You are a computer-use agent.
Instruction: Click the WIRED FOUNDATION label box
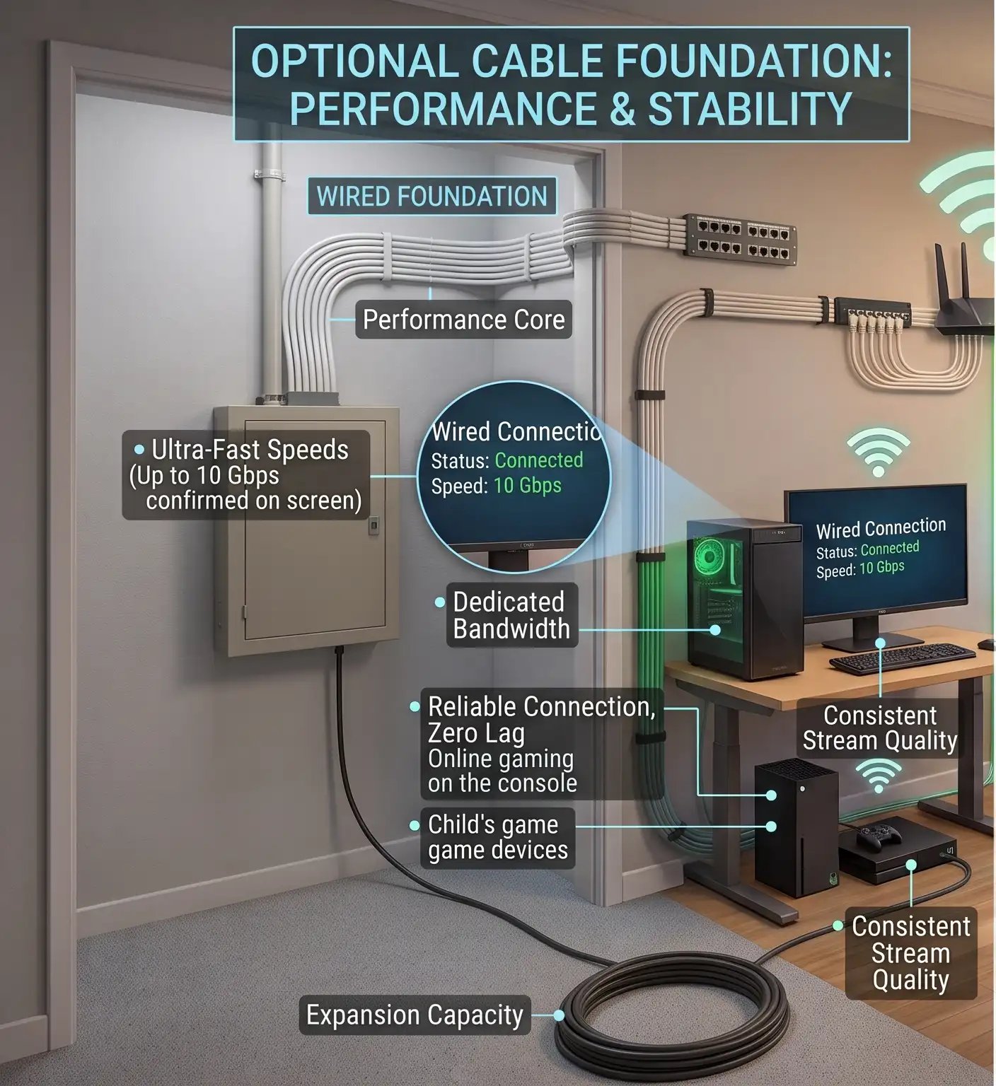tap(432, 196)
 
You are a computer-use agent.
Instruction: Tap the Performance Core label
tap(463, 320)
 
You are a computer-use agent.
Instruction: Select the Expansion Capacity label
tap(415, 1015)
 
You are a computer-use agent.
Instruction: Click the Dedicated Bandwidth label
tap(511, 615)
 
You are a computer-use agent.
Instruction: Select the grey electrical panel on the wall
tap(306, 530)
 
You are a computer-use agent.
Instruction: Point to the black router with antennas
tap(964, 297)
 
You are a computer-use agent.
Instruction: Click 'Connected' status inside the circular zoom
tap(539, 460)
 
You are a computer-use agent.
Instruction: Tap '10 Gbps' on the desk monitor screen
tap(881, 567)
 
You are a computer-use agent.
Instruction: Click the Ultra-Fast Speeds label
tap(245, 474)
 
